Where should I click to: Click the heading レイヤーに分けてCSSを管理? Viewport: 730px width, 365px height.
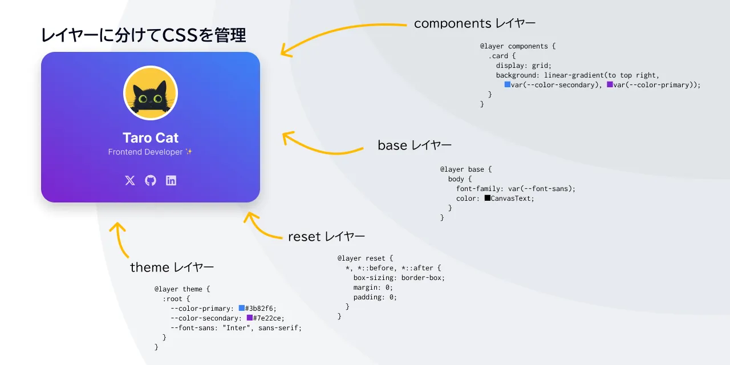(x=143, y=35)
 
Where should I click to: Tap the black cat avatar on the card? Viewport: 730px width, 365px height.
(x=151, y=93)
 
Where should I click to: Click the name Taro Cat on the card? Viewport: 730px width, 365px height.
(x=151, y=137)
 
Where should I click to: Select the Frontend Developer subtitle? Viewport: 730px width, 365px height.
(x=151, y=152)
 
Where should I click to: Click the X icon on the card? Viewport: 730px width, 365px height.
(x=130, y=180)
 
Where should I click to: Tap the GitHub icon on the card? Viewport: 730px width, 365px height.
(x=151, y=180)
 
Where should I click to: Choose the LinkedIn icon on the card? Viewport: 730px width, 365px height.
(x=171, y=180)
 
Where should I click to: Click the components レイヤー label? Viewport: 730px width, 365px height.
(x=474, y=23)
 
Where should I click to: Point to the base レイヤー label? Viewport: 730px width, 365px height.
(x=415, y=145)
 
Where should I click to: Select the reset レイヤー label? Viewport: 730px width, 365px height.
(x=326, y=236)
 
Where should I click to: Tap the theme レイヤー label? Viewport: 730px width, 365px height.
(x=172, y=267)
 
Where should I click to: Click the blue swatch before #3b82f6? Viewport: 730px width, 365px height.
(x=242, y=309)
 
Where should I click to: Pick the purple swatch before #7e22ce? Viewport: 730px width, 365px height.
(x=250, y=318)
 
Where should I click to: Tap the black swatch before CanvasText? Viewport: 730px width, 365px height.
(x=488, y=198)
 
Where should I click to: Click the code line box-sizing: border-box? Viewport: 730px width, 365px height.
(x=399, y=278)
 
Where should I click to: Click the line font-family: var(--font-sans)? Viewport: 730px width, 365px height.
(x=516, y=189)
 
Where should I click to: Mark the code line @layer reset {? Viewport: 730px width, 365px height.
(x=365, y=258)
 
